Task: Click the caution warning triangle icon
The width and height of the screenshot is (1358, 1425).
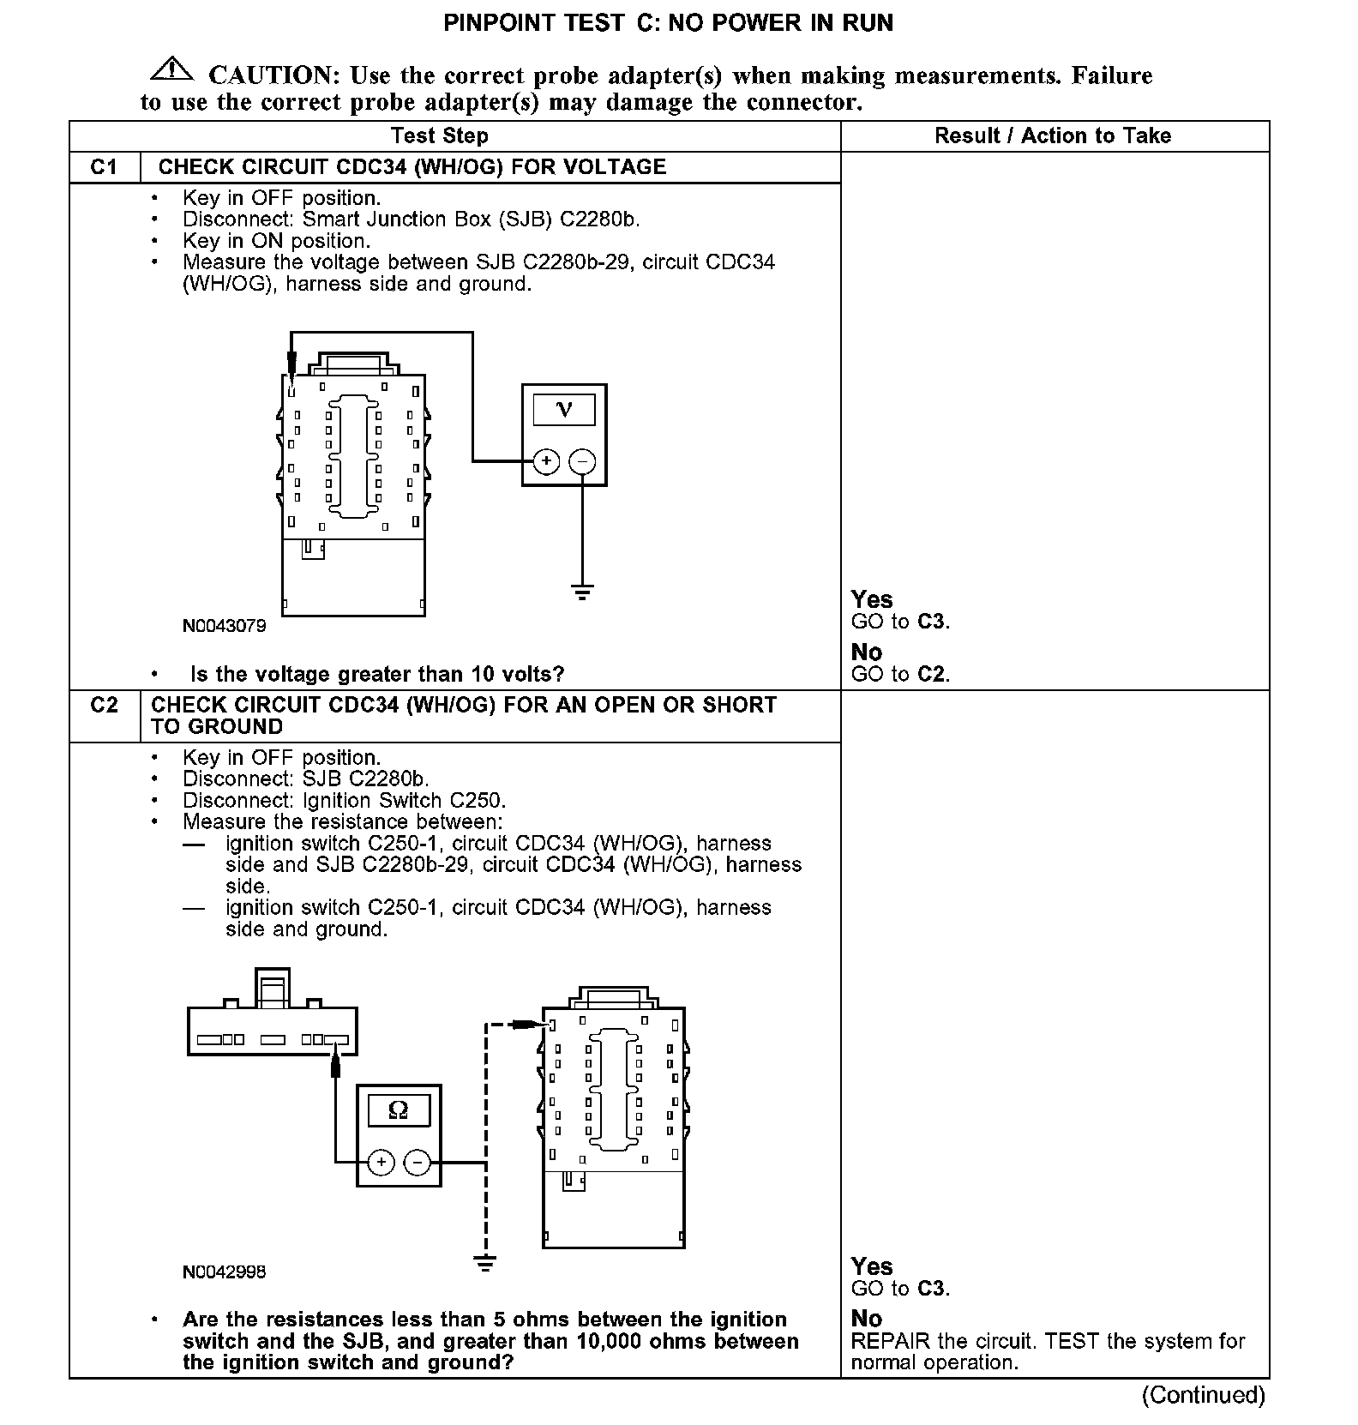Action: click(x=171, y=69)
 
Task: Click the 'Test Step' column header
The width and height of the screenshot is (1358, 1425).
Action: click(x=439, y=135)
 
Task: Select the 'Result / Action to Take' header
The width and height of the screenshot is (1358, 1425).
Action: click(x=1052, y=135)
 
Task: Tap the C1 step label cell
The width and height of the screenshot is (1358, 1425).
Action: click(x=104, y=167)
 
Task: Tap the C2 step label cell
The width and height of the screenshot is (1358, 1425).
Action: click(x=104, y=705)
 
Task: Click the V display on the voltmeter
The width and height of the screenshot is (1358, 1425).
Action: click(x=564, y=409)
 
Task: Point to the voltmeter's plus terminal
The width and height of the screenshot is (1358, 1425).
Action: click(x=546, y=461)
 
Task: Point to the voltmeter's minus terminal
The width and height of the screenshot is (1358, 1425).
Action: click(x=582, y=461)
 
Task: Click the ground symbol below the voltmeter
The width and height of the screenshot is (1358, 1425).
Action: click(x=582, y=591)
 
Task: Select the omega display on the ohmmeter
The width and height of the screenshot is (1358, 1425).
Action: click(x=399, y=1110)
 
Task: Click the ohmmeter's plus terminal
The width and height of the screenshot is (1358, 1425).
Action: click(x=381, y=1162)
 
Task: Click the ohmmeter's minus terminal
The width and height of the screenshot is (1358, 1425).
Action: click(x=417, y=1162)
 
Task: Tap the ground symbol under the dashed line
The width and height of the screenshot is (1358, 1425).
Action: click(x=485, y=1263)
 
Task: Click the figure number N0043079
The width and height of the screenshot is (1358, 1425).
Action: click(x=224, y=626)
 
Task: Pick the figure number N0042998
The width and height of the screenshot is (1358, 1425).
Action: click(x=224, y=1272)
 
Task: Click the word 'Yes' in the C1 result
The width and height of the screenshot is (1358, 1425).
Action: click(x=872, y=599)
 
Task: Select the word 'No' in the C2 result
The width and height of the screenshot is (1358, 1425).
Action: click(x=866, y=1318)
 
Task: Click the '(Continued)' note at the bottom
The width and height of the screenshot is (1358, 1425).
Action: click(x=1203, y=1395)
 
